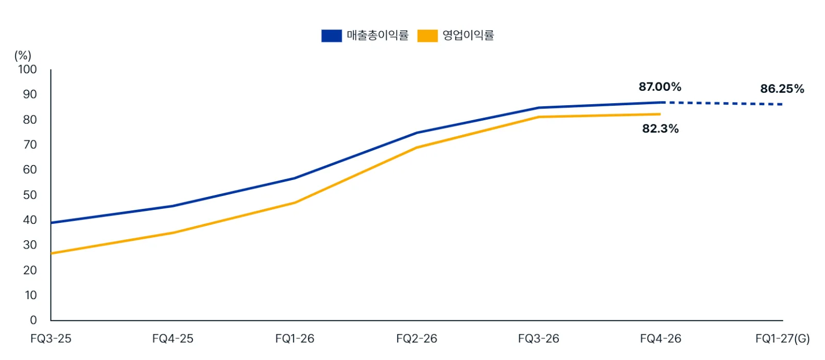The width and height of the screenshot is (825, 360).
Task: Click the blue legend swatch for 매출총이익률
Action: [332, 36]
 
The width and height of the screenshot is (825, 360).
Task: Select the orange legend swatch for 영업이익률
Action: [427, 36]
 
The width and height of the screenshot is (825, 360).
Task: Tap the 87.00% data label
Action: [660, 87]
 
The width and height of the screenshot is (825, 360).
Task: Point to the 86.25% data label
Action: [782, 89]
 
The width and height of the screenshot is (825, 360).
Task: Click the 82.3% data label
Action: [661, 128]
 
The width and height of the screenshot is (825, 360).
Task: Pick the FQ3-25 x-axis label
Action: [51, 339]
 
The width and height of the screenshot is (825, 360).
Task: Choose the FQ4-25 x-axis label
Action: [173, 339]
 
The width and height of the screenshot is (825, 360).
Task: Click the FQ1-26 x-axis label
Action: [294, 339]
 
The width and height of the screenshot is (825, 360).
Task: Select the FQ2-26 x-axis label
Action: [417, 339]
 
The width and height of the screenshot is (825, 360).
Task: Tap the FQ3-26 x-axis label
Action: [538, 339]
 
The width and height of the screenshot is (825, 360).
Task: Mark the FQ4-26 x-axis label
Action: [661, 339]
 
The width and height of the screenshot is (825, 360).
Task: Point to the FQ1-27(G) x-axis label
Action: [783, 339]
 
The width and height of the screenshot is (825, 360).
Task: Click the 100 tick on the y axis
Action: [27, 69]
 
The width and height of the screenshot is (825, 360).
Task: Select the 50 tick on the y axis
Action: [30, 195]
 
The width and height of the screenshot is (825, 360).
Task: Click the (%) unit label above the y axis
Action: [23, 56]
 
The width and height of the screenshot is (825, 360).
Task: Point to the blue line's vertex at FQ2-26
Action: [417, 133]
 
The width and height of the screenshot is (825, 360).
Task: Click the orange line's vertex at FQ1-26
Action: [294, 203]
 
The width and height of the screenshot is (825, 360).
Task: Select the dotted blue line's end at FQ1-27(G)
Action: [782, 104]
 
